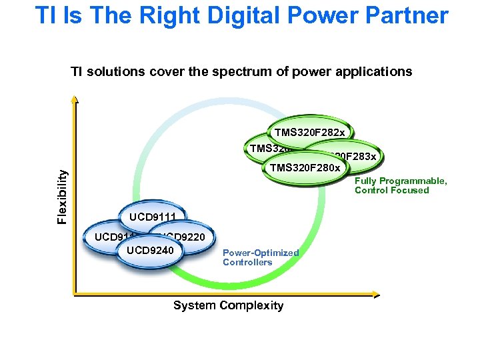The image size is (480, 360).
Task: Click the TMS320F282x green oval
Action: [x=309, y=132]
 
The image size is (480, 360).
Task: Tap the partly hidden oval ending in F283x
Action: [x=357, y=156]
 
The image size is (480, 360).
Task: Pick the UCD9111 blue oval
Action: [x=152, y=217]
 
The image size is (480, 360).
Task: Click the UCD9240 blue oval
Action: [x=149, y=251]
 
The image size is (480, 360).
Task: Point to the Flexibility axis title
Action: [x=62, y=197]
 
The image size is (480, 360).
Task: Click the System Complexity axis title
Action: [x=228, y=305]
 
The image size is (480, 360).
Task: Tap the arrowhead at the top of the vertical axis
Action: [x=75, y=101]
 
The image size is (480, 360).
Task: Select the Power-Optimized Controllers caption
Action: [x=260, y=257]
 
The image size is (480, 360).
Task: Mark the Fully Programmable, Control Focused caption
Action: [x=401, y=186]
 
